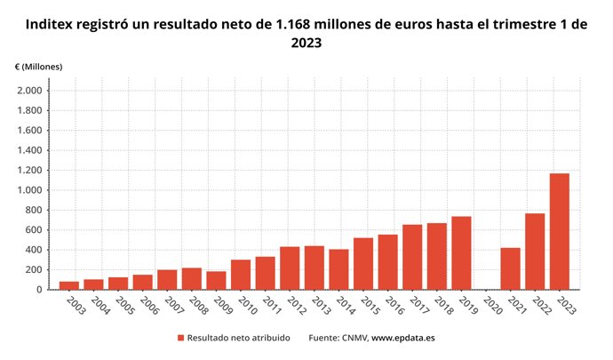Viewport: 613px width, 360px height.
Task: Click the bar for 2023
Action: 559,231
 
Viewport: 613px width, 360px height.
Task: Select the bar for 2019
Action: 461,252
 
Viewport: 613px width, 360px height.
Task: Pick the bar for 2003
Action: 69,285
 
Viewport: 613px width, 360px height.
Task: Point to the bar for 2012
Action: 290,268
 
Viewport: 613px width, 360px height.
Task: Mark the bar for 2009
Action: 216,280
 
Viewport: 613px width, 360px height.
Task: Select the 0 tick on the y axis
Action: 38,290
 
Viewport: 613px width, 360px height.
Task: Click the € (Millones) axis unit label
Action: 38,68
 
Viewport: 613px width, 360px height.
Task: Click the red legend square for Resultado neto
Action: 180,338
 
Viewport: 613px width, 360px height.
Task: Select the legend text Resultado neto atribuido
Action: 238,338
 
